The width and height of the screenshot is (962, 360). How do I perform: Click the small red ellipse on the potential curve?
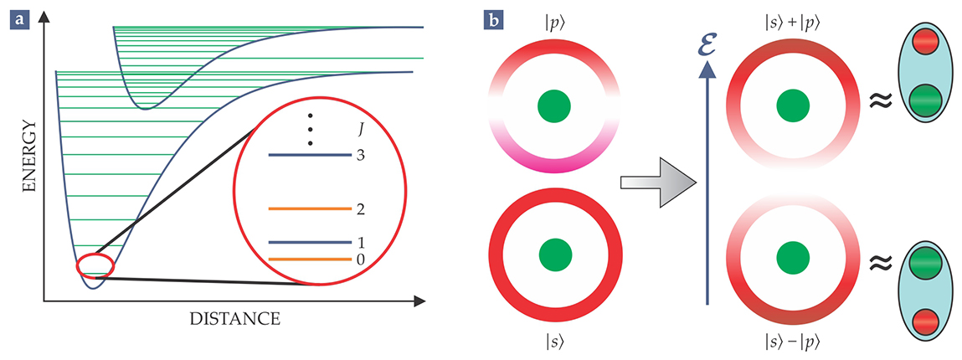point(95,265)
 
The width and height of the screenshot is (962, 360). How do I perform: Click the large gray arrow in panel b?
point(658,180)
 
